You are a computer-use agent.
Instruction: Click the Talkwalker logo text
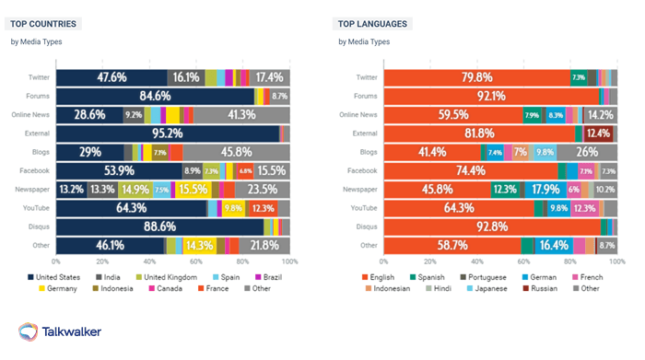pyautogui.click(x=72, y=331)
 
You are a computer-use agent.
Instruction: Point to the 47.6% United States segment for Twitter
pyautogui.click(x=111, y=77)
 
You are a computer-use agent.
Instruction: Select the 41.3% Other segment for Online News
pyautogui.click(x=241, y=115)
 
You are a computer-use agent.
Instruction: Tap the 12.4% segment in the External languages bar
pyautogui.click(x=598, y=134)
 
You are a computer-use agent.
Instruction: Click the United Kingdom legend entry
pyautogui.click(x=167, y=276)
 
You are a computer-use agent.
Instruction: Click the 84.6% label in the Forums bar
pyautogui.click(x=155, y=96)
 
